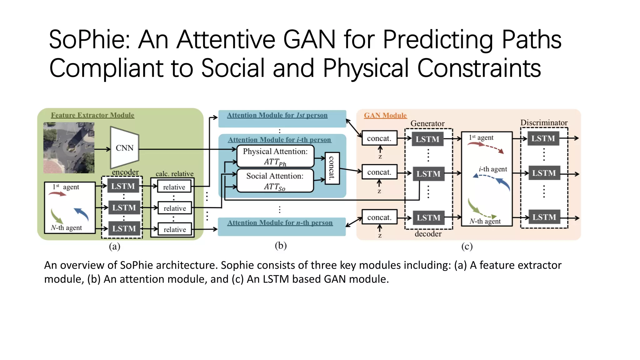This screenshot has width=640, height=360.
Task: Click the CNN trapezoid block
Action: coord(124,148)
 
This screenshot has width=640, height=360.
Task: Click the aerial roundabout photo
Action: coord(69,147)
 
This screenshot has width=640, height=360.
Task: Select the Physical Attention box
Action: coord(275,156)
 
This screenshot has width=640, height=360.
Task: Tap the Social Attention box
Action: coord(275,181)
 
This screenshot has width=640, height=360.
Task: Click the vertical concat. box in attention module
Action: coord(332,168)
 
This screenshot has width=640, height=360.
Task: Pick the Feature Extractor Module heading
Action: coord(92,115)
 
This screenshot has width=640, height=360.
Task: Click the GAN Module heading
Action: coord(385,115)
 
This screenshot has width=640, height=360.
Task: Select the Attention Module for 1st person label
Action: coord(277,115)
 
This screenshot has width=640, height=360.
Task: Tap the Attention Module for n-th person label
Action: coord(280,222)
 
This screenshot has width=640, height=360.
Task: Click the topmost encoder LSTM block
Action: coord(123,186)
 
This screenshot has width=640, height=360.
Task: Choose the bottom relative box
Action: coord(174,229)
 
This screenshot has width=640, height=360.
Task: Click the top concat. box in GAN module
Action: coord(379,138)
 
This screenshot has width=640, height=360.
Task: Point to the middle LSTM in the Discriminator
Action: coord(544,173)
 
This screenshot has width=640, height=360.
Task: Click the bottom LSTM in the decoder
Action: coord(428,217)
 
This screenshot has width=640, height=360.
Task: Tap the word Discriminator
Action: coord(544,122)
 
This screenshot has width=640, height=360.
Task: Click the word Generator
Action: coord(427,123)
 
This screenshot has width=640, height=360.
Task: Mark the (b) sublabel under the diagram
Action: coord(280,246)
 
